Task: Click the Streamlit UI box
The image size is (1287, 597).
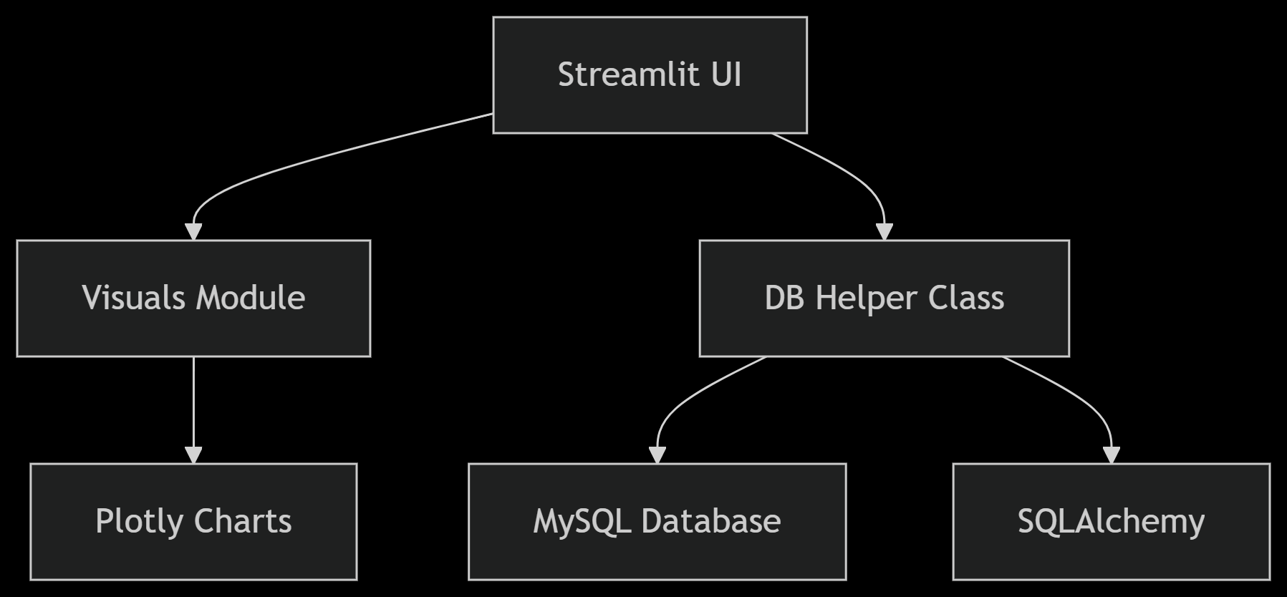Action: point(650,75)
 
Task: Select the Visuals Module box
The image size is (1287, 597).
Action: point(193,298)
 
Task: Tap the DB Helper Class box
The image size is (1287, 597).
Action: point(884,298)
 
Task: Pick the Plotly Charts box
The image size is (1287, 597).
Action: point(193,521)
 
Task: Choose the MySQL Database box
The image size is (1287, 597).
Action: point(657,521)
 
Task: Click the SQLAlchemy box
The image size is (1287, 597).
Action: point(1111,521)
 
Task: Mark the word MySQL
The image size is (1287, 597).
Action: point(582,521)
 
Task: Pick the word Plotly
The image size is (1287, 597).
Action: point(140,521)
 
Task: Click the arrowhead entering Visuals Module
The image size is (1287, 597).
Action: point(193,231)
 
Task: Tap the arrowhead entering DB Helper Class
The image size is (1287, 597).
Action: point(884,231)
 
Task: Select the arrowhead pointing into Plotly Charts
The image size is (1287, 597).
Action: point(193,455)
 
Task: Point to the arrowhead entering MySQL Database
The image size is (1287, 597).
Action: point(657,455)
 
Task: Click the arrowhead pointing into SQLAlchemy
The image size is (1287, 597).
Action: point(1111,455)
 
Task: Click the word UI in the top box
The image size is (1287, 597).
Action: point(726,75)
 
